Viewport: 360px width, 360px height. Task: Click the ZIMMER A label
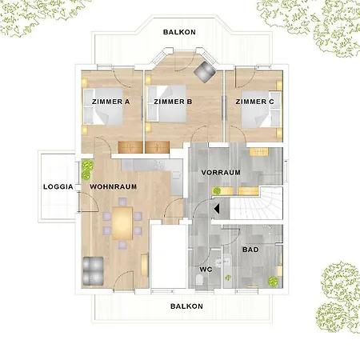110,102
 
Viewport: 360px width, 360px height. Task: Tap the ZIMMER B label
173,102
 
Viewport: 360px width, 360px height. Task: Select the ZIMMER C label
254,102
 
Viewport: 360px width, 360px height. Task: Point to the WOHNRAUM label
114,186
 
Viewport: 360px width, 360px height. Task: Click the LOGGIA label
58,186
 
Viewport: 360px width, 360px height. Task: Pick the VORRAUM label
221,173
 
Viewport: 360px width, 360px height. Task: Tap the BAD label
250,250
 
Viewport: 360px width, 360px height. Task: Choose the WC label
206,270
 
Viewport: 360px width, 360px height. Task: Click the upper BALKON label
179,32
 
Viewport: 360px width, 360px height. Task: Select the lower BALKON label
186,306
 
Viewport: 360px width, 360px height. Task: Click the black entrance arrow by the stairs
217,209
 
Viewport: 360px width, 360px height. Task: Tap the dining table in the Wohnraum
122,223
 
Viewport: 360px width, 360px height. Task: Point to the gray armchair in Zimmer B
205,72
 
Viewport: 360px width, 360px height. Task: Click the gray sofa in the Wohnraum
93,270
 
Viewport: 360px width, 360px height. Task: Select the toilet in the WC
199,279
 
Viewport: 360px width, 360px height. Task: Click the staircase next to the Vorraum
256,203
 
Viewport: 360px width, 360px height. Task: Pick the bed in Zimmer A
103,106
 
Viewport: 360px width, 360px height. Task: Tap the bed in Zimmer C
261,110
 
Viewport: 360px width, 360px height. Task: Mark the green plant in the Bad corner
273,281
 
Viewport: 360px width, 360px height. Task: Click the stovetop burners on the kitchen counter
158,165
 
